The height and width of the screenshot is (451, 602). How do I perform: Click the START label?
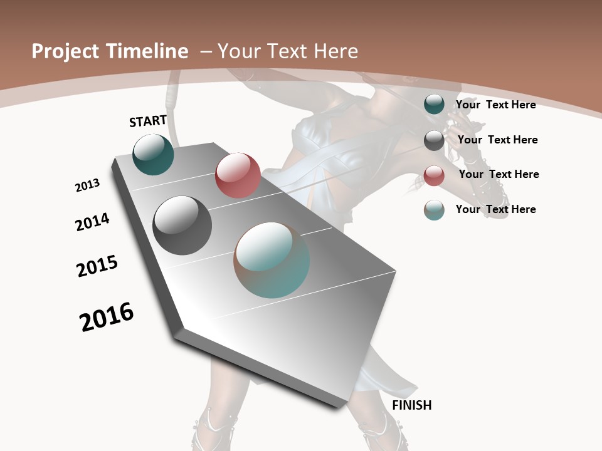coord(148,121)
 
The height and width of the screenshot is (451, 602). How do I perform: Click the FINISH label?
coord(412,405)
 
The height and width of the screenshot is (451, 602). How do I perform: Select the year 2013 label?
coord(88,185)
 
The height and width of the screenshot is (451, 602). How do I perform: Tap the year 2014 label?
coord(93,222)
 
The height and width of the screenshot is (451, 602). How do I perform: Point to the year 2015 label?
coord(97,266)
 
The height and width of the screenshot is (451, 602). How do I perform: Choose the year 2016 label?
coord(107,317)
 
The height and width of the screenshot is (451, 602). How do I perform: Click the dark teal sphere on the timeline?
coord(154,155)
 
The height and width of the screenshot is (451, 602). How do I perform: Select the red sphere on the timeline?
coord(238,175)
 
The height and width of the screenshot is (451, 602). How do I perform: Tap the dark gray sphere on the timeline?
coord(182,225)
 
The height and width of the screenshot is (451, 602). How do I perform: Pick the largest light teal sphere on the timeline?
coord(272,260)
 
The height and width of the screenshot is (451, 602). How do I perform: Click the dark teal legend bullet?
coord(434,105)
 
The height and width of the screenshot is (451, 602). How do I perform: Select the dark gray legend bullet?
coord(434,140)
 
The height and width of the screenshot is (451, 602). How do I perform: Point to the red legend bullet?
coord(434,175)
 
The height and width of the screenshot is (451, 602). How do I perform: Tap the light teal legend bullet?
coord(434,210)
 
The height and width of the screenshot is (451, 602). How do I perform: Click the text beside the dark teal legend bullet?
coord(495,105)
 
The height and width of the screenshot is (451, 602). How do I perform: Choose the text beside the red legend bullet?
coord(499,174)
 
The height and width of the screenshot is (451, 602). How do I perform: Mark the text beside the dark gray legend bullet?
coord(497,140)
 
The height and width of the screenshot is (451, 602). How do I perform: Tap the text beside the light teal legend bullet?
coord(495,209)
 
